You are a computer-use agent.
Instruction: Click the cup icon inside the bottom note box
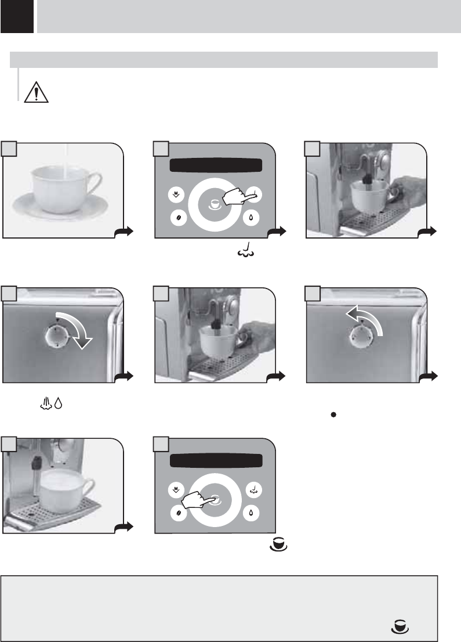(x=401, y=626)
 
